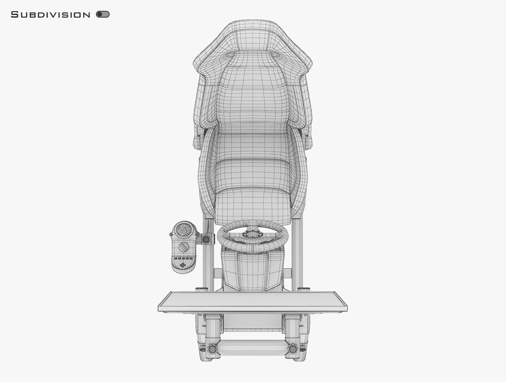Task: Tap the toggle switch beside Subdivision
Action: point(103,14)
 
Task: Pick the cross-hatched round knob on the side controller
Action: point(184,247)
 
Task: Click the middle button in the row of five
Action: point(183,258)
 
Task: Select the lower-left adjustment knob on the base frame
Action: point(212,349)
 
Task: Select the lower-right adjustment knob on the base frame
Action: point(293,349)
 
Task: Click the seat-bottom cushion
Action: point(252,203)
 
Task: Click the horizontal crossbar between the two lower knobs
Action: point(252,345)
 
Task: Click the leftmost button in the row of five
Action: point(176,258)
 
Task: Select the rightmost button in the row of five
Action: point(191,258)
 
